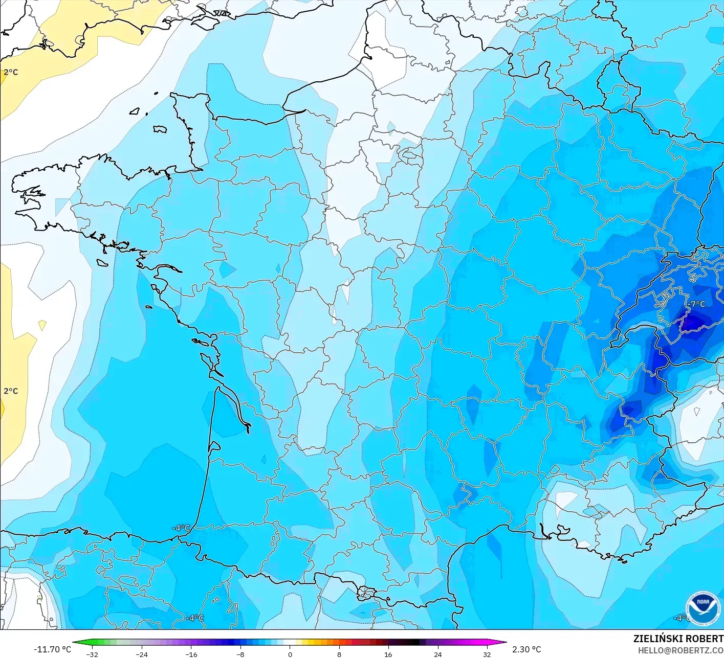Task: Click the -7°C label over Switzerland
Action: (695, 304)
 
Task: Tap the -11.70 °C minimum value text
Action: (53, 649)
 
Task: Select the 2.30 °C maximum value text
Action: (526, 649)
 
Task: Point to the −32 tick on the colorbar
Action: (92, 654)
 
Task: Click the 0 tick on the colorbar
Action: (290, 654)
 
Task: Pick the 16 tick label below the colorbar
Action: (388, 654)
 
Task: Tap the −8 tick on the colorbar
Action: (240, 654)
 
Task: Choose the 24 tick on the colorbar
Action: (438, 654)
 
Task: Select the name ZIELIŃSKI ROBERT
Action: (678, 639)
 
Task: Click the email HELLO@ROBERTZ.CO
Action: (681, 650)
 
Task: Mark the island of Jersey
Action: (160, 129)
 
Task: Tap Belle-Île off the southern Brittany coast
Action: (102, 262)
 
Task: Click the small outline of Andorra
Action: (366, 593)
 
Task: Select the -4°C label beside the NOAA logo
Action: (681, 618)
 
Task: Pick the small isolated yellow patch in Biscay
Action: (42, 325)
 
